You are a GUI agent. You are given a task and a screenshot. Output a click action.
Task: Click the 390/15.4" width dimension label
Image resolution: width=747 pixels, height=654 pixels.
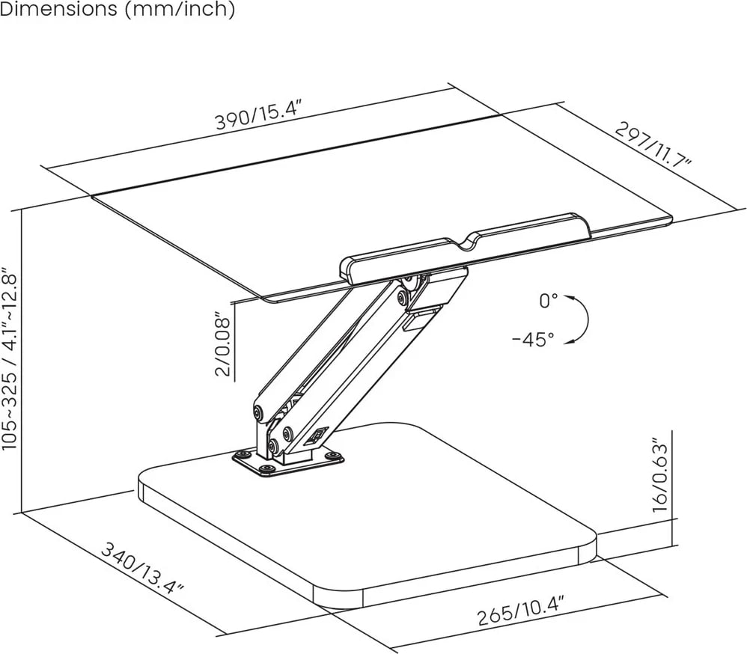tap(258, 114)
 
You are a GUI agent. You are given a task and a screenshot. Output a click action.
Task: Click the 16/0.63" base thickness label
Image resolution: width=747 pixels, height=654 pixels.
tap(659, 474)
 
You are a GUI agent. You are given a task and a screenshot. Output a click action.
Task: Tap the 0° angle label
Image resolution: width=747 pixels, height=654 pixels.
tap(549, 301)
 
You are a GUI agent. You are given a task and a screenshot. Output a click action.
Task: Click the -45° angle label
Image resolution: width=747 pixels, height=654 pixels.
tap(533, 339)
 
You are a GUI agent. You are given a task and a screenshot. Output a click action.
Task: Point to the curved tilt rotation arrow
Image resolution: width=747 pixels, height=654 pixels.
tap(582, 320)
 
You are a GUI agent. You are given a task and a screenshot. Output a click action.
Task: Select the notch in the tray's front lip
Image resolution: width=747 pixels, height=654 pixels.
tap(470, 240)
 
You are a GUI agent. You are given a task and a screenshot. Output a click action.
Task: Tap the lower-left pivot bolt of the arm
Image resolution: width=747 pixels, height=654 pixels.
tap(259, 412)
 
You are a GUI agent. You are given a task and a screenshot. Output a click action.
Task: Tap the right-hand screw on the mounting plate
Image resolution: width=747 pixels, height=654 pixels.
tap(335, 455)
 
